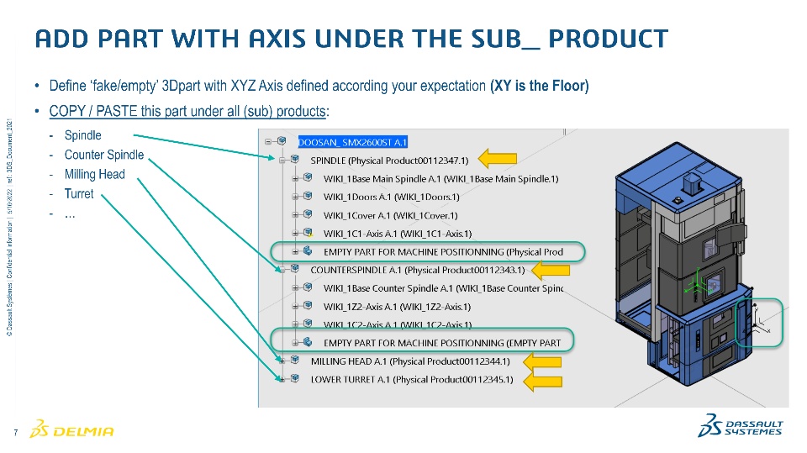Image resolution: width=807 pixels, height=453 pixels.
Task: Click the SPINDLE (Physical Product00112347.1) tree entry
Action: pyautogui.click(x=389, y=160)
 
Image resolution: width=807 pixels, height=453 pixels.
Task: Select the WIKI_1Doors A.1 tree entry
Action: pyautogui.click(x=391, y=197)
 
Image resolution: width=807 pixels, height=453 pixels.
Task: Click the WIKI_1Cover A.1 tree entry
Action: pyautogui.click(x=390, y=215)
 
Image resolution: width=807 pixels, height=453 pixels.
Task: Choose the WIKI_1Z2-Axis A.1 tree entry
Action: pyautogui.click(x=397, y=307)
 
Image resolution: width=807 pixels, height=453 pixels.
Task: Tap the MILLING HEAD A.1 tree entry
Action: pyautogui.click(x=421, y=361)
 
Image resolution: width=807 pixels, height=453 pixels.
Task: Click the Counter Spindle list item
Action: pyautogui.click(x=104, y=155)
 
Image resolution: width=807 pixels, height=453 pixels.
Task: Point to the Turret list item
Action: pyautogui.click(x=79, y=194)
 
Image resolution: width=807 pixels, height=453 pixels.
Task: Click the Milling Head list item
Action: pyautogui.click(x=94, y=175)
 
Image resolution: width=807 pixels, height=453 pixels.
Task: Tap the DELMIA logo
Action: pyautogui.click(x=71, y=431)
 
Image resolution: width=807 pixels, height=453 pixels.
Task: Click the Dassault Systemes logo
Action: pyautogui.click(x=740, y=426)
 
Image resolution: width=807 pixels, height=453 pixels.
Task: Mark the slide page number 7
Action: pyautogui.click(x=16, y=433)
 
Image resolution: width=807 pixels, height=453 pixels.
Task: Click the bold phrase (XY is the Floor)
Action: pyautogui.click(x=539, y=87)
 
